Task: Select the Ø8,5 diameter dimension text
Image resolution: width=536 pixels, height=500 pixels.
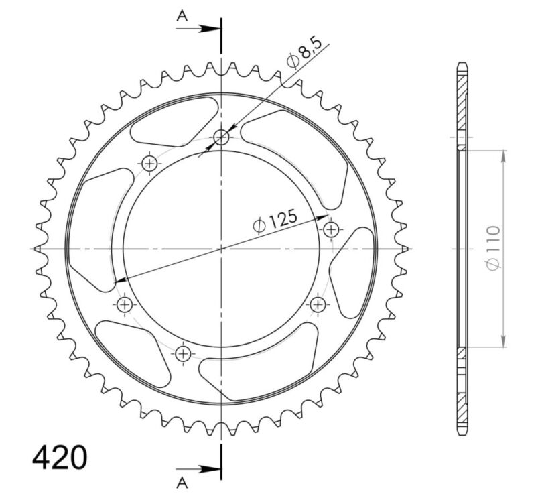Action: click(x=306, y=53)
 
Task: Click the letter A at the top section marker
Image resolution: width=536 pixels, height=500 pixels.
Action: click(x=182, y=17)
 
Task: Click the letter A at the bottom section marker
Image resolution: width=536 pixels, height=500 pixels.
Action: click(x=182, y=481)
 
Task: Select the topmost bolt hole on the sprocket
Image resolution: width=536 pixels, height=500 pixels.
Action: click(x=222, y=138)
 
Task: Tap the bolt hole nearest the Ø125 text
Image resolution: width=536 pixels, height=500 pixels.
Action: click(x=331, y=230)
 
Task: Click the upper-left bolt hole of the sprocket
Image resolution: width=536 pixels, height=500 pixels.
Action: click(x=149, y=163)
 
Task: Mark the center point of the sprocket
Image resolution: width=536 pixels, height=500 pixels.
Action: click(x=222, y=249)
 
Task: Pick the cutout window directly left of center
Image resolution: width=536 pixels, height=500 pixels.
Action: click(x=100, y=228)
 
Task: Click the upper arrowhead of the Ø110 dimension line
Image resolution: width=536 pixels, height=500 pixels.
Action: click(x=503, y=155)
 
